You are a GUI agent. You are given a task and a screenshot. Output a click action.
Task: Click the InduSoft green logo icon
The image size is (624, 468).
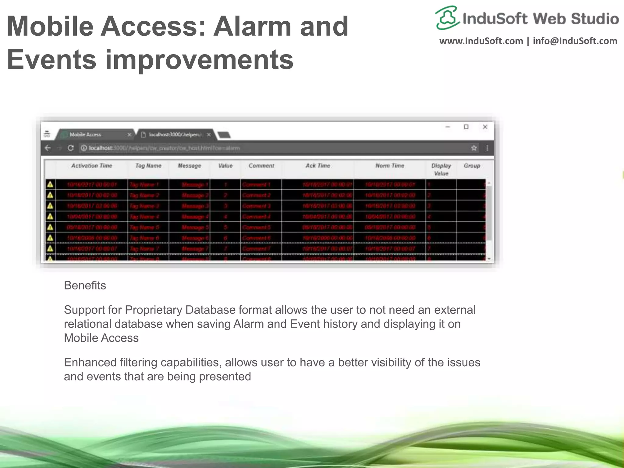(447, 18)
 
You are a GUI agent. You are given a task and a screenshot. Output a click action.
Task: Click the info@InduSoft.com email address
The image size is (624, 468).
(575, 41)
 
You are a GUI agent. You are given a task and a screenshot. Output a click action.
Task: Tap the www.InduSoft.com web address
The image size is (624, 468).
(481, 41)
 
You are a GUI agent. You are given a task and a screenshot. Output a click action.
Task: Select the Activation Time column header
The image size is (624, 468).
(91, 166)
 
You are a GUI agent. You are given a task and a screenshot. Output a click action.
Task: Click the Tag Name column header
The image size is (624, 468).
(148, 166)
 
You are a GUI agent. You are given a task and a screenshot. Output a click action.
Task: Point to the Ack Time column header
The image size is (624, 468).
(317, 166)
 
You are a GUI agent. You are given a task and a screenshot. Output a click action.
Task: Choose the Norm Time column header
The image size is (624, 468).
(389, 166)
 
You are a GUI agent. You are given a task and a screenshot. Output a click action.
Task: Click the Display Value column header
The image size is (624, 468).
(441, 169)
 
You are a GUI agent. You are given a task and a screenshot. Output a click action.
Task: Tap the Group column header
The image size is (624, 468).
(472, 166)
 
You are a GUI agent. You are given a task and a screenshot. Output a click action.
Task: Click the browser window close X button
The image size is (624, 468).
(485, 127)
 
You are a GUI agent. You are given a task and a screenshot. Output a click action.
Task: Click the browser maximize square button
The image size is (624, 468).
(466, 127)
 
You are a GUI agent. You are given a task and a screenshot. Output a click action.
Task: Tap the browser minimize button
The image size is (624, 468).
(448, 127)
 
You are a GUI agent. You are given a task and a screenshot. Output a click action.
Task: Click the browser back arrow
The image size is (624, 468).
(48, 148)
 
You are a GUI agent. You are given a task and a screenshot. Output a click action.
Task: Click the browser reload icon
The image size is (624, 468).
(71, 148)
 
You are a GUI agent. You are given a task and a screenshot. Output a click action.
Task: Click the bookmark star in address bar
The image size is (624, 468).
(474, 148)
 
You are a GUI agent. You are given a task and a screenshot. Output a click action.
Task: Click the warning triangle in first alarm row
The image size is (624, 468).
(50, 184)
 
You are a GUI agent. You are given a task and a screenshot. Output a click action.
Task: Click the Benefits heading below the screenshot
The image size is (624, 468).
(85, 285)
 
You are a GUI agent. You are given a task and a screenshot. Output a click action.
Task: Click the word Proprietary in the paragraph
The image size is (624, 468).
(154, 310)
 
